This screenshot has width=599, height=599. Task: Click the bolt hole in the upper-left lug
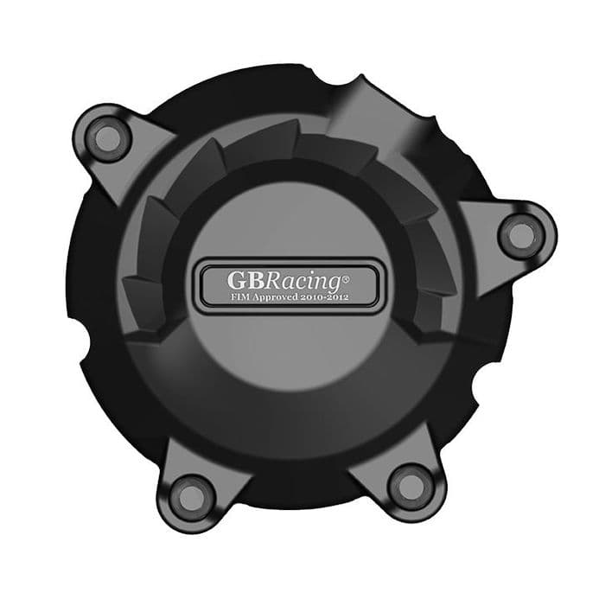coord(106,136)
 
